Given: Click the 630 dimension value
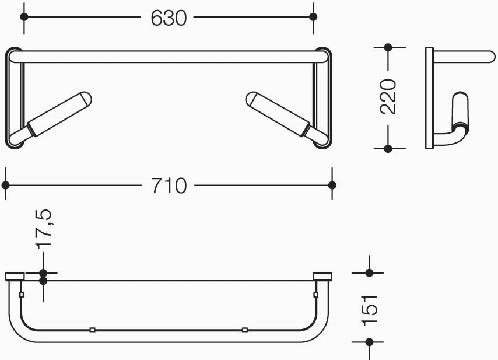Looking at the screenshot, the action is coord(169,18).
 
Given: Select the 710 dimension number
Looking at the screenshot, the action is coord(169,186).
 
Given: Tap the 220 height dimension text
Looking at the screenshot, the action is coord(388,97).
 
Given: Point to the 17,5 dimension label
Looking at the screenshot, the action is coord(43,229).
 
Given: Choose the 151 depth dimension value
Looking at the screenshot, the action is coord(369,310).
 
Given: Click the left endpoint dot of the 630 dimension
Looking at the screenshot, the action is coord(24,17).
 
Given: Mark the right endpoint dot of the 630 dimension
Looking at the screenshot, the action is coord(313,17).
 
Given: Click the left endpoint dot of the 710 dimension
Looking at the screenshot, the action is coord(6,185).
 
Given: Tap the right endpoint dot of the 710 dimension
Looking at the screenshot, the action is coord(332,185).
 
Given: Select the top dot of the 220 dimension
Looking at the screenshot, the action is coord(388,47).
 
